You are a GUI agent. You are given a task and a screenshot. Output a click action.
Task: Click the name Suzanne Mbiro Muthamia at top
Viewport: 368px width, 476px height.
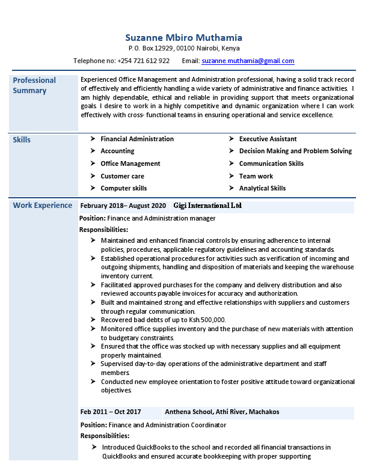coord(184,37)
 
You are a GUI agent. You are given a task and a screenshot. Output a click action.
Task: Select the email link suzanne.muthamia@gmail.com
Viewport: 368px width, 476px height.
coord(248,61)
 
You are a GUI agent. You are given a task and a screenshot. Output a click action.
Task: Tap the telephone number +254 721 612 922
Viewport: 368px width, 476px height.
coord(144,61)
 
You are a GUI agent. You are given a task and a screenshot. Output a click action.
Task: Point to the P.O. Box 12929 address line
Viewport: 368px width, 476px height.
coord(184,48)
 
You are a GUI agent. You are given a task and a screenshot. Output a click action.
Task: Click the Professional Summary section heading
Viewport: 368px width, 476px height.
coord(34,85)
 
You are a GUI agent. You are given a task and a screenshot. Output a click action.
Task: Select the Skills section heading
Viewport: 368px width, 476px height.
coord(22,140)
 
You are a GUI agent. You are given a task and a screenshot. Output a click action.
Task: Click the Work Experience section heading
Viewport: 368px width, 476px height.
coord(42,206)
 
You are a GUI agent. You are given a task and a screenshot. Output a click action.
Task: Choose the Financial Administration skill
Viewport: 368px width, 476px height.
coord(137,139)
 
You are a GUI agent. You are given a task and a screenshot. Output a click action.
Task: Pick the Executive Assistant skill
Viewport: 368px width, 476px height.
coord(268,139)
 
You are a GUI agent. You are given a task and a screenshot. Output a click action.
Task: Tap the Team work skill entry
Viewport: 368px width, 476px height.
coord(256,176)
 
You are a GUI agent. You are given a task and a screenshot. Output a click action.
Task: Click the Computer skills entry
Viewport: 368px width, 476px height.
coord(123,188)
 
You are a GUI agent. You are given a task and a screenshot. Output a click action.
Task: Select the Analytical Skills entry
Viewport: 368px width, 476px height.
coord(262,188)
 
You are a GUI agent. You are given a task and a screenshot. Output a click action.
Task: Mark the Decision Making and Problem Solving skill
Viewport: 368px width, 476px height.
coord(295,151)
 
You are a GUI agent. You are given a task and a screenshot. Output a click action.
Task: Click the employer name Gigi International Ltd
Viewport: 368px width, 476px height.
coord(207,206)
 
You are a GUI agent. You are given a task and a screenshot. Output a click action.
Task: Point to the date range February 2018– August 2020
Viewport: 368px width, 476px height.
coord(123,206)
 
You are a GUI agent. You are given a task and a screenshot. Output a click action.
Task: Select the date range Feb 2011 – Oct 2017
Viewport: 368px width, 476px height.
coord(111,412)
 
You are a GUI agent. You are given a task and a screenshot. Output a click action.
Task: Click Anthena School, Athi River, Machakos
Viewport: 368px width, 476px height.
coord(222,412)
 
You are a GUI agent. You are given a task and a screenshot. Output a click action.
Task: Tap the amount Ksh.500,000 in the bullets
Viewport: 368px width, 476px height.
coord(206,320)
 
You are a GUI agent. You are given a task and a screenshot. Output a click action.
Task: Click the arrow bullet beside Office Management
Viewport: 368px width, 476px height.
coord(93,163)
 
